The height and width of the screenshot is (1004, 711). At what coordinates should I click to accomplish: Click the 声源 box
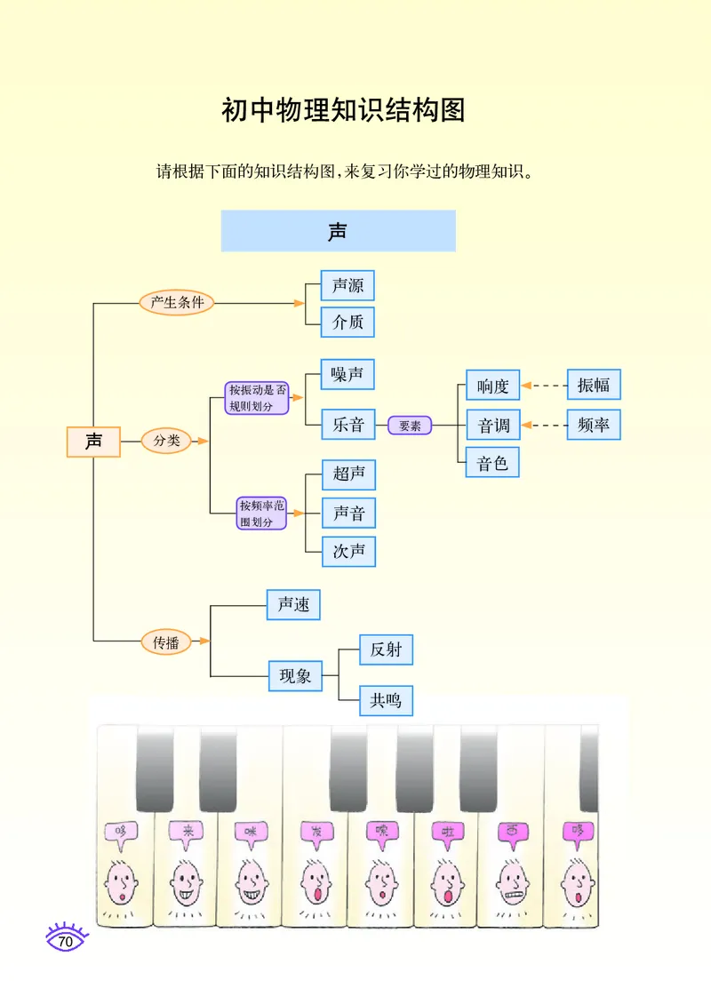click(x=348, y=286)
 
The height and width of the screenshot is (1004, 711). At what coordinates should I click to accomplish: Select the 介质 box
click(x=348, y=322)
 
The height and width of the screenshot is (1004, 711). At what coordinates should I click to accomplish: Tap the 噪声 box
click(x=348, y=375)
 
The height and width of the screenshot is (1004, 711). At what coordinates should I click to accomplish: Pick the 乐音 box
click(x=348, y=425)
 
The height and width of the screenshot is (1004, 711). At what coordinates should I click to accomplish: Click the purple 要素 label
click(x=410, y=426)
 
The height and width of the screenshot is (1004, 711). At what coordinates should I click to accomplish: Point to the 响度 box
click(x=492, y=386)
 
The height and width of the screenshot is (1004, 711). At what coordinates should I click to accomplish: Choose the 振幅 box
click(x=593, y=385)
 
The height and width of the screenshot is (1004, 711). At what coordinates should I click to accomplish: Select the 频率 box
click(x=593, y=425)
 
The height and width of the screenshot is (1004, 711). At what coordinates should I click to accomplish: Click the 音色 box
click(x=492, y=464)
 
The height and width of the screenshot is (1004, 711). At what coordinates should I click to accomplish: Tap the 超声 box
click(x=348, y=474)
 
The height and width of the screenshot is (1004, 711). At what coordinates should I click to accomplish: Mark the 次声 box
click(x=348, y=551)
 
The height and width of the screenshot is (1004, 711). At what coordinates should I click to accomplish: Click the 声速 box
click(x=293, y=604)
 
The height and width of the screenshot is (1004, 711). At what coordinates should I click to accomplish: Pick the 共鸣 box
click(x=386, y=700)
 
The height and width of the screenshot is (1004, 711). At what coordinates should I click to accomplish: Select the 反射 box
click(x=386, y=649)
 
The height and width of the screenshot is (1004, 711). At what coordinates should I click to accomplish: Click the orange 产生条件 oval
click(x=177, y=303)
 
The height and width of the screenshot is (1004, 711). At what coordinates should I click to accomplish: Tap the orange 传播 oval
click(x=166, y=641)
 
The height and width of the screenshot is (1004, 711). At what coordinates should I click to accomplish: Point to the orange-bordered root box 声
click(x=93, y=442)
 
